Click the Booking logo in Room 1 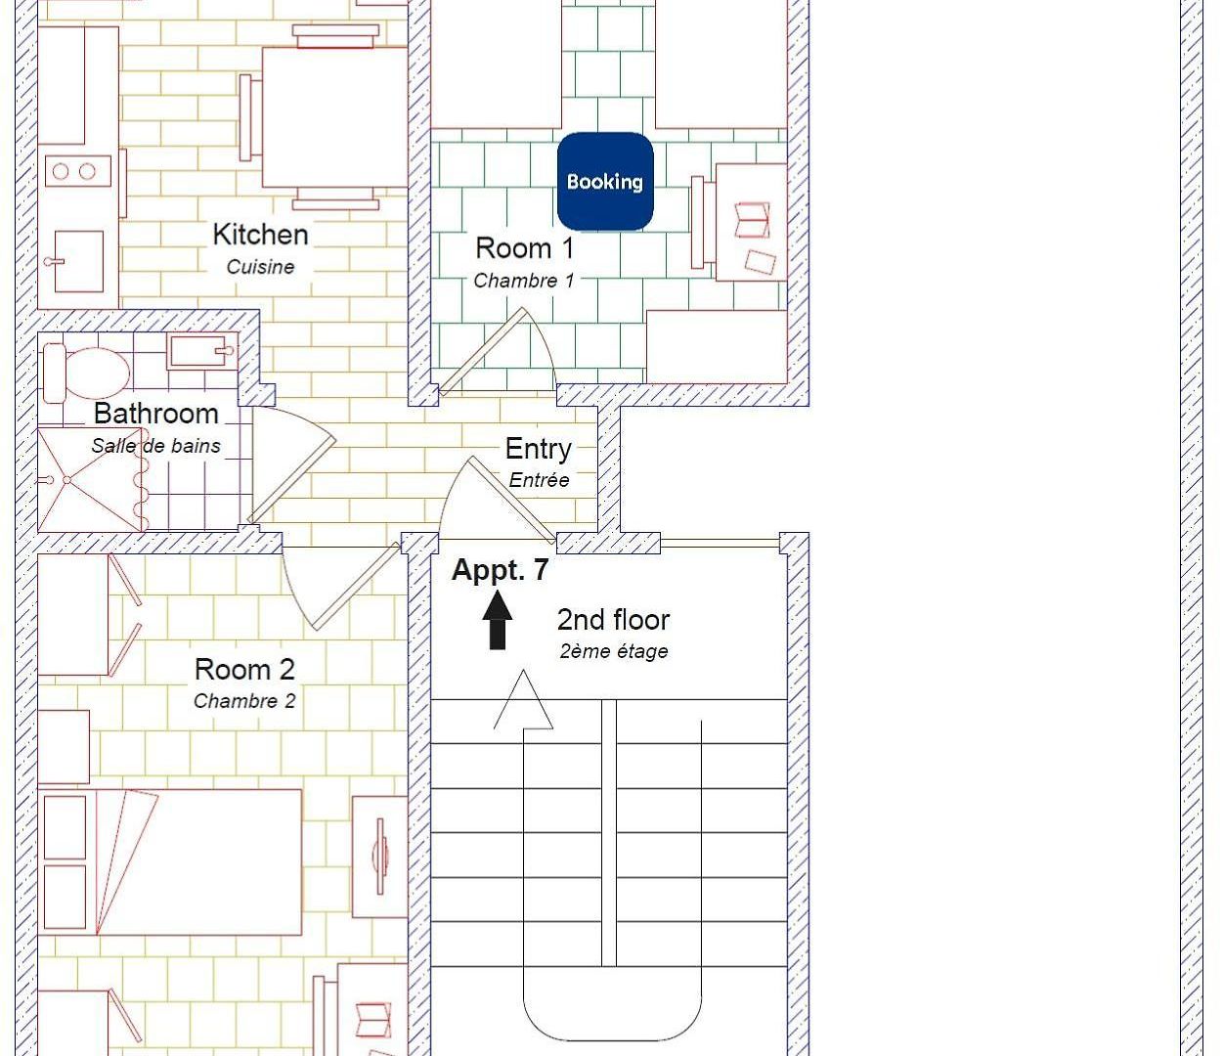(x=605, y=181)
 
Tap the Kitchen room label (x=260, y=235)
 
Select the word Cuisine (x=260, y=267)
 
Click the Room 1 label (x=525, y=247)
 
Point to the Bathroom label (x=156, y=414)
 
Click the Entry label (x=539, y=449)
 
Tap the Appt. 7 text (x=500, y=571)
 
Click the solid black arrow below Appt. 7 (x=497, y=620)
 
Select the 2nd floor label (x=614, y=620)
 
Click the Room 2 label (x=244, y=670)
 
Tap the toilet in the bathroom (x=87, y=373)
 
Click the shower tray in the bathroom (x=90, y=479)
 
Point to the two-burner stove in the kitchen (x=74, y=172)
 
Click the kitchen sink (x=77, y=261)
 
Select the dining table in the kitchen (x=335, y=117)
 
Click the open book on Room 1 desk (x=753, y=220)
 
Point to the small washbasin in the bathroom (x=201, y=352)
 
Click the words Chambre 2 (x=244, y=701)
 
